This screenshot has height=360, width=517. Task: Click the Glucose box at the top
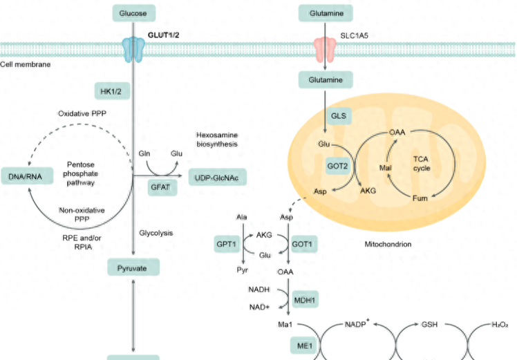point(133,12)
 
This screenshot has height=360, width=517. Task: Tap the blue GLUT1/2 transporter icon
point(133,49)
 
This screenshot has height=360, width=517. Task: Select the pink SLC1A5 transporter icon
point(325,49)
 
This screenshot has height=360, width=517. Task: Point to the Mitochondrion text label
point(387,244)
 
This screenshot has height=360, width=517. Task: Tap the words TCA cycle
point(421,162)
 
